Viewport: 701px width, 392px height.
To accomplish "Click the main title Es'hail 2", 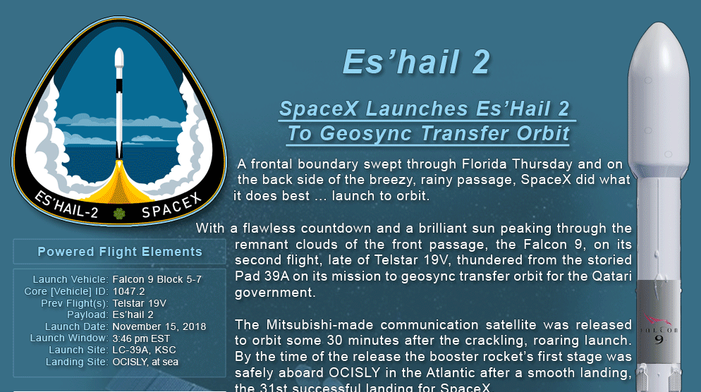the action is coord(416,61).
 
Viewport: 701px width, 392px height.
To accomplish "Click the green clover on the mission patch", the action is coord(119,213).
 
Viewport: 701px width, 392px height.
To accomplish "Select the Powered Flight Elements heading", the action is coord(120,252).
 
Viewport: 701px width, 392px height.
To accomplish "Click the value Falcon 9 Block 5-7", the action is coord(157,279).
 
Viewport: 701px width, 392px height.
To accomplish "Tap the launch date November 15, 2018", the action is coord(159,326).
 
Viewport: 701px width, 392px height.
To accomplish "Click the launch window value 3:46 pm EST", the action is coord(141,338).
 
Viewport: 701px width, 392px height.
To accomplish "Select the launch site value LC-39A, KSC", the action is coord(144,350).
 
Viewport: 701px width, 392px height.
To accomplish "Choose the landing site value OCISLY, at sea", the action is coord(145,362).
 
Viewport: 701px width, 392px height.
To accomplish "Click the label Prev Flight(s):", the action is coord(75,303).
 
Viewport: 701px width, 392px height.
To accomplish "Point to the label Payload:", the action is coord(87,315).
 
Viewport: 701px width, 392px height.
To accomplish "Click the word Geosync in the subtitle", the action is coord(365,133).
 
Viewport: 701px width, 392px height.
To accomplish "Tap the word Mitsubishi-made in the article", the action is coord(328,324).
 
